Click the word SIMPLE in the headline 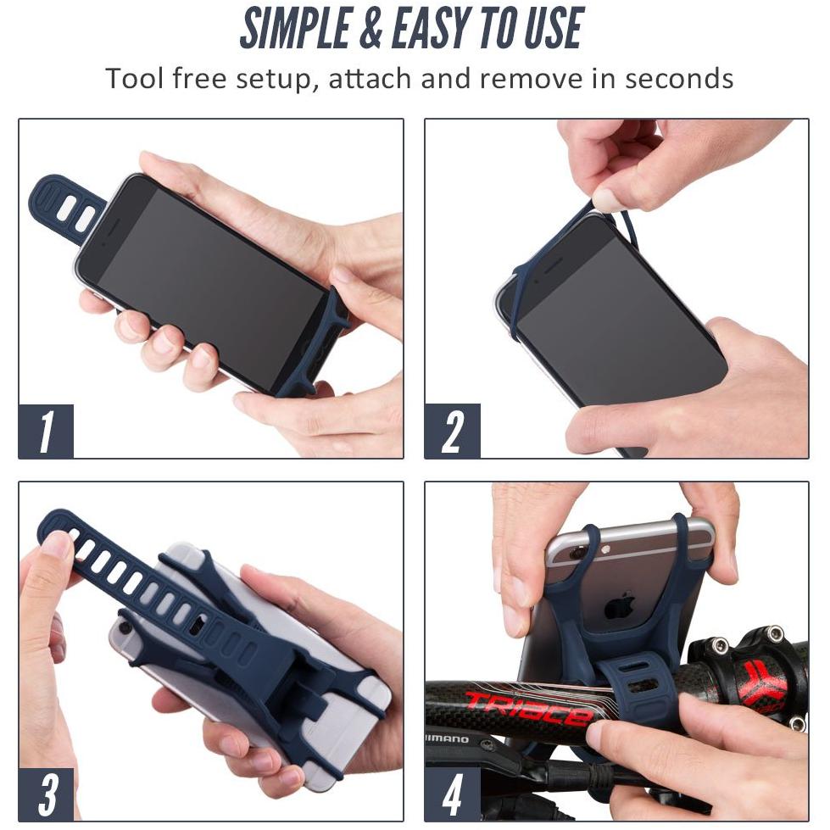point(295,28)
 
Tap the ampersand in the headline point(371,29)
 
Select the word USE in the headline point(554,28)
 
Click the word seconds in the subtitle point(679,78)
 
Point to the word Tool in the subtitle point(134,78)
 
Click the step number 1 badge point(46,431)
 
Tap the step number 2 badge point(453,431)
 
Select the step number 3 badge point(46,794)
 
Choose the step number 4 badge point(453,794)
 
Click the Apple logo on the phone point(621,605)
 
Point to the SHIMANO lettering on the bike point(447,739)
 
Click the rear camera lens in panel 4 point(577,553)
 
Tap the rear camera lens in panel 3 point(125,627)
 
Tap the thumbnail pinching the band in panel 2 point(607,200)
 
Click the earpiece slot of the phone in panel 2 point(549,265)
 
